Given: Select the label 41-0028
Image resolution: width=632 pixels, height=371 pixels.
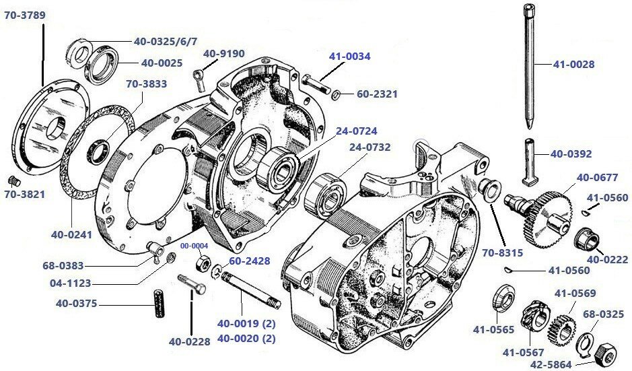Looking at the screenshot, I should click(x=573, y=65).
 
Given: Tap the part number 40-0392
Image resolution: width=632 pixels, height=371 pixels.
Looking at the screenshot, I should click(x=571, y=154).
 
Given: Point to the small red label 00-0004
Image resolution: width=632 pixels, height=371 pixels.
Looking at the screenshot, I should click(x=194, y=246).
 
